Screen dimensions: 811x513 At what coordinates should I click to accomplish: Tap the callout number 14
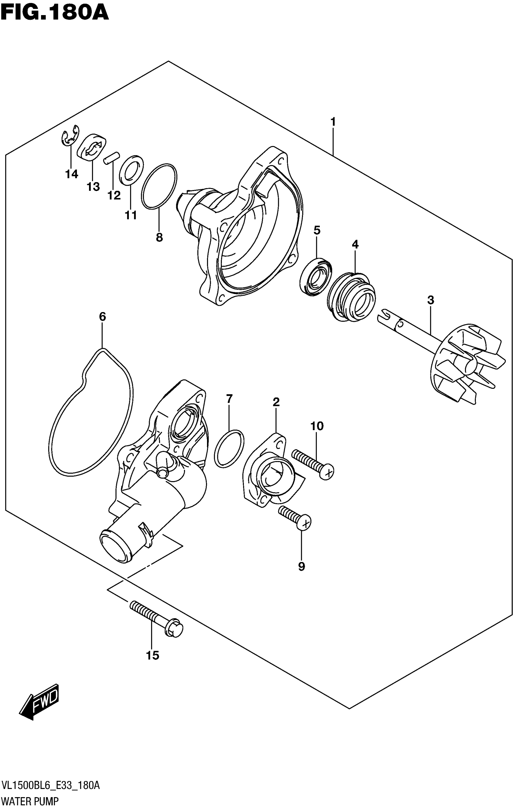coord(72,174)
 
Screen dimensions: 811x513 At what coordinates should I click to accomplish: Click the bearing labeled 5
coord(316,277)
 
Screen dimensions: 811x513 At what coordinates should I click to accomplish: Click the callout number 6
coord(102,317)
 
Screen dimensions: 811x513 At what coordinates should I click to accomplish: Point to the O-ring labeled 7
coord(229,448)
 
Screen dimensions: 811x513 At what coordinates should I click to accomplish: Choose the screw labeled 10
coord(313,465)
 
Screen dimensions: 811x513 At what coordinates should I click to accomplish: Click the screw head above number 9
coord(304,523)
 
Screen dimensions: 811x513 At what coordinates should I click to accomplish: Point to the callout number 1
coord(333,122)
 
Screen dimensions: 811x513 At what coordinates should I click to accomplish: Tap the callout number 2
coord(276,402)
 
